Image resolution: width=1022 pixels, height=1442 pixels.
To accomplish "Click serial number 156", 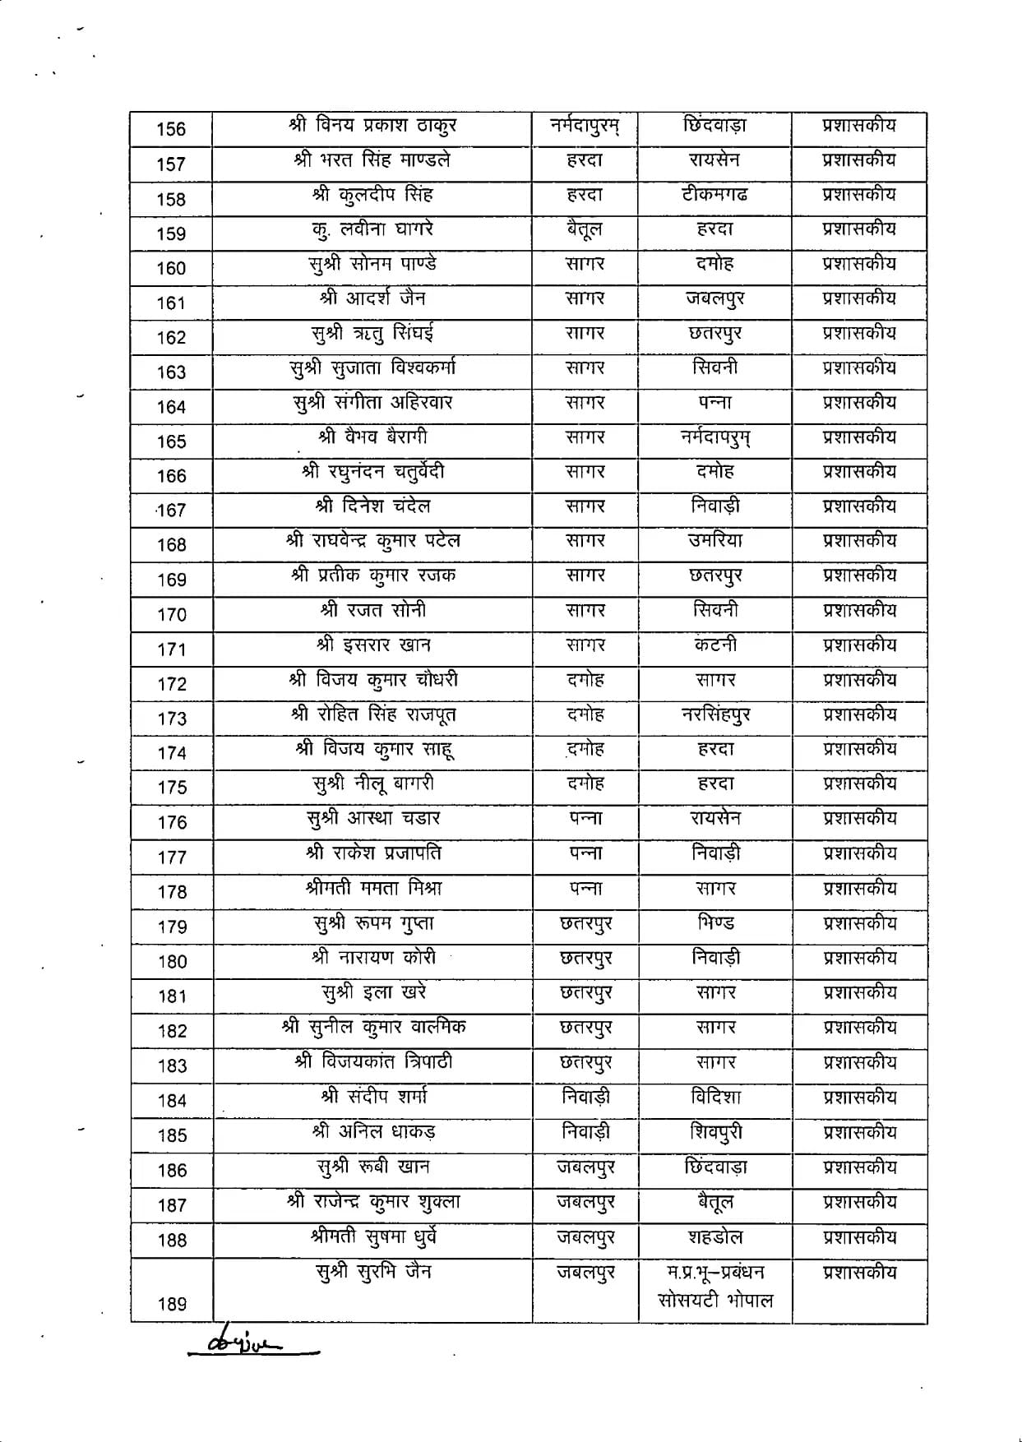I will [171, 129].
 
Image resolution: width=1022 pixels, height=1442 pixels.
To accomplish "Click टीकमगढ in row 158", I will [714, 195].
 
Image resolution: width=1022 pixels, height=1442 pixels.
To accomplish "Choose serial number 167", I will [171, 511].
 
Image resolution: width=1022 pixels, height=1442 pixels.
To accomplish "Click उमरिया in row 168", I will [714, 541].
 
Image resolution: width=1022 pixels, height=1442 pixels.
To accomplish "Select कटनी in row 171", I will [714, 645].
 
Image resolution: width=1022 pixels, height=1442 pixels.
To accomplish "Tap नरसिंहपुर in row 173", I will [714, 715].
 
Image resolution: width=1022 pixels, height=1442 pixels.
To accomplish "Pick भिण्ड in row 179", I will [714, 923].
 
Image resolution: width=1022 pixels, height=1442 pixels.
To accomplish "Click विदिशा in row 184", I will [714, 1098].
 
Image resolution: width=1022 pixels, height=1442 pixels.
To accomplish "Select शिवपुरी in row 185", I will [714, 1133].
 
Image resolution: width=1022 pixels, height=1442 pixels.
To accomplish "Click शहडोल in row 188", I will [714, 1237].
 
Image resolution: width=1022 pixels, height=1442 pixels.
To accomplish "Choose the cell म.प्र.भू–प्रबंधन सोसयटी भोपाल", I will [714, 1287].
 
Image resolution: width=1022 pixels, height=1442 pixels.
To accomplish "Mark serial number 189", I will [171, 1304].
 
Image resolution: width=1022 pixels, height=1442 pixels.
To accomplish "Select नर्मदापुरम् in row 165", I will [714, 438].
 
